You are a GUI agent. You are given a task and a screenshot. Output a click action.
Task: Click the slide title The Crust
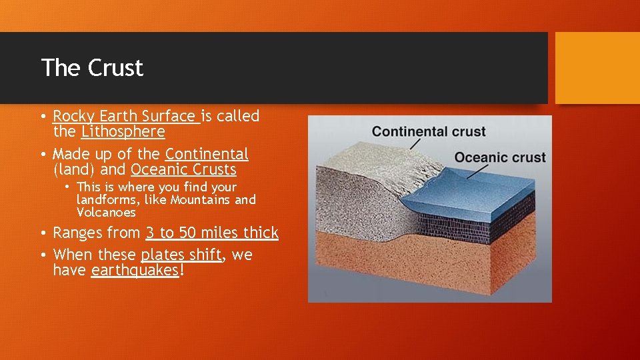coord(92,68)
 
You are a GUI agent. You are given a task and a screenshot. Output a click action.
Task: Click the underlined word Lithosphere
coord(123,131)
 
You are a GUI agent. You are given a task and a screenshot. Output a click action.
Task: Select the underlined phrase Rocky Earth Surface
coord(125,116)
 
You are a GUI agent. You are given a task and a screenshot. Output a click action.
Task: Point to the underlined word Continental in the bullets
coord(207,154)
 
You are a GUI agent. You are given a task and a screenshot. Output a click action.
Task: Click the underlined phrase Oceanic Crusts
coord(183,169)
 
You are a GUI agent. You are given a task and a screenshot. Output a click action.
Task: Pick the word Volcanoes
coord(106,213)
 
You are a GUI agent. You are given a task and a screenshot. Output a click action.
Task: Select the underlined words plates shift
coord(181,255)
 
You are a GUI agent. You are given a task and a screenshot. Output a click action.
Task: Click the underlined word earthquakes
coord(135,270)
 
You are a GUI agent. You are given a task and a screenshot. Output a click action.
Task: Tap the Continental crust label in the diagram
coord(428,131)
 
